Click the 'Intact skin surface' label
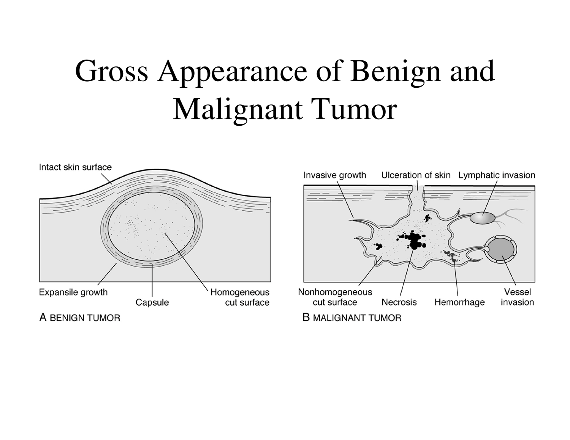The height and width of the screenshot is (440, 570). [x=75, y=167]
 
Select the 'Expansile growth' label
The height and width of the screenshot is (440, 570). [x=73, y=292]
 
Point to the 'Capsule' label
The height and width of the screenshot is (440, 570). [x=152, y=303]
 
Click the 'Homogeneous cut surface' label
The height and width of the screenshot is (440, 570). [x=240, y=297]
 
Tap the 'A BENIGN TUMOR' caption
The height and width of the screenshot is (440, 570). [x=80, y=317]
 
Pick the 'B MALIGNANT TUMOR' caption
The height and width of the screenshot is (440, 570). [x=352, y=317]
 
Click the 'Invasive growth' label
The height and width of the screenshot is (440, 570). [x=335, y=175]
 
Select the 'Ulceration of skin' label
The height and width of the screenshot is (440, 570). [x=416, y=175]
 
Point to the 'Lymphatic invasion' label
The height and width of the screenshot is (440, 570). [x=497, y=175]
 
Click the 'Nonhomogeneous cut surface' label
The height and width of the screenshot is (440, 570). [x=335, y=297]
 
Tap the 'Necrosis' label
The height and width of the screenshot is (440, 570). [x=399, y=302]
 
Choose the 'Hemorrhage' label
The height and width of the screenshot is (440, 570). [x=459, y=302]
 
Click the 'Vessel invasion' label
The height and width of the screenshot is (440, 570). [x=517, y=297]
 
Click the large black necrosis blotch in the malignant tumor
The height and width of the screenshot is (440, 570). [x=413, y=240]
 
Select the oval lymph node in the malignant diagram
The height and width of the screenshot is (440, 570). [x=483, y=218]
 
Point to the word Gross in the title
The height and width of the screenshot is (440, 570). [x=111, y=71]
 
